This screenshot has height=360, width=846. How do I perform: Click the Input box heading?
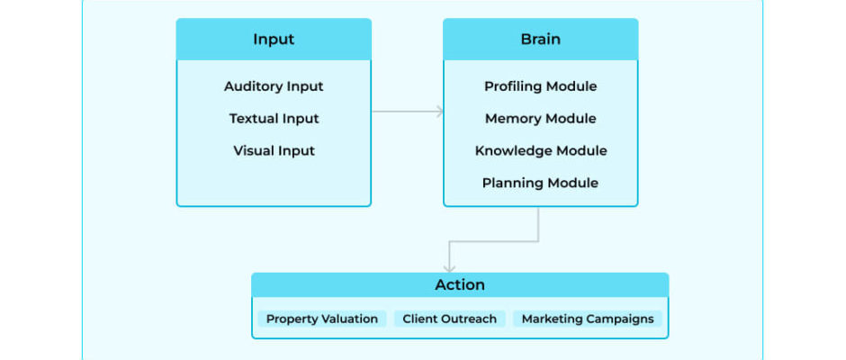coord(274,40)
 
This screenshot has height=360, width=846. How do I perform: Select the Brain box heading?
coord(540,40)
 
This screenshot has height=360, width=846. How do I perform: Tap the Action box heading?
coord(460,285)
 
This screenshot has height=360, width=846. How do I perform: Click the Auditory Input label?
coord(274,86)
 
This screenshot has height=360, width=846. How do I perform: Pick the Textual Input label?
coord(274,119)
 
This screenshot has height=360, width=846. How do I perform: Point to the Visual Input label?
coord(274,150)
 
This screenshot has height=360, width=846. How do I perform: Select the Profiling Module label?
coord(540,86)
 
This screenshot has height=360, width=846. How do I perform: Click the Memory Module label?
coord(540,119)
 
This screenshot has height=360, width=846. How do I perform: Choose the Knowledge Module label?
coord(541,150)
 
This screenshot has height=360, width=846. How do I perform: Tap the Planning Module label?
coord(540,183)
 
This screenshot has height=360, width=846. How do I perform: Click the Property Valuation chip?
coord(322,319)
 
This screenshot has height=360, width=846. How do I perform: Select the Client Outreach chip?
coord(449,319)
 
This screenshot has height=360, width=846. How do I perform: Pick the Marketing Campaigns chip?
coord(588,319)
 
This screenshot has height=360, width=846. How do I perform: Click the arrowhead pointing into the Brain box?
coord(440,112)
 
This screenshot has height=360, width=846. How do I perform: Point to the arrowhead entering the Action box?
coord(449,268)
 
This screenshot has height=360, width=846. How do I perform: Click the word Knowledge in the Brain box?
coord(507,151)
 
